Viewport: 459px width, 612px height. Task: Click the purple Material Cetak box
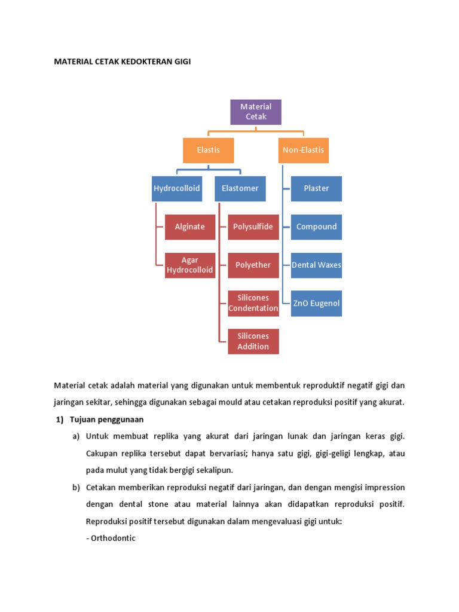pos(256,112)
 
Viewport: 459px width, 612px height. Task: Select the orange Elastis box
pos(208,150)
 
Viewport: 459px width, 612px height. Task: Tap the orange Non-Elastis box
pos(304,150)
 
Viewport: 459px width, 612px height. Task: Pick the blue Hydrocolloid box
pos(176,188)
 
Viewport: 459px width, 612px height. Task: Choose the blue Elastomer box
pos(240,188)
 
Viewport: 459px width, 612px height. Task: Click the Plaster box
pos(316,188)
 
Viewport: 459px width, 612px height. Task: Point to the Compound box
pos(316,227)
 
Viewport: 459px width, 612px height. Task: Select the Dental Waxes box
pos(316,265)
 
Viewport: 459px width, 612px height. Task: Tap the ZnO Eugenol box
pos(316,303)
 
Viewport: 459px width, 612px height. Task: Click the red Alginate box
pos(189,227)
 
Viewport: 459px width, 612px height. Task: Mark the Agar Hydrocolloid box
pos(189,265)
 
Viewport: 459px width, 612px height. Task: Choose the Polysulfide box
pos(253,227)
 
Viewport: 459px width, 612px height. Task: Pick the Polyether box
pos(253,265)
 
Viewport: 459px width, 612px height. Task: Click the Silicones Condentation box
pos(253,303)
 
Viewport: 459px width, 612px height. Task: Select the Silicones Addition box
pos(253,341)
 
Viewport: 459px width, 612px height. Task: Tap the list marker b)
pos(76,487)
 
